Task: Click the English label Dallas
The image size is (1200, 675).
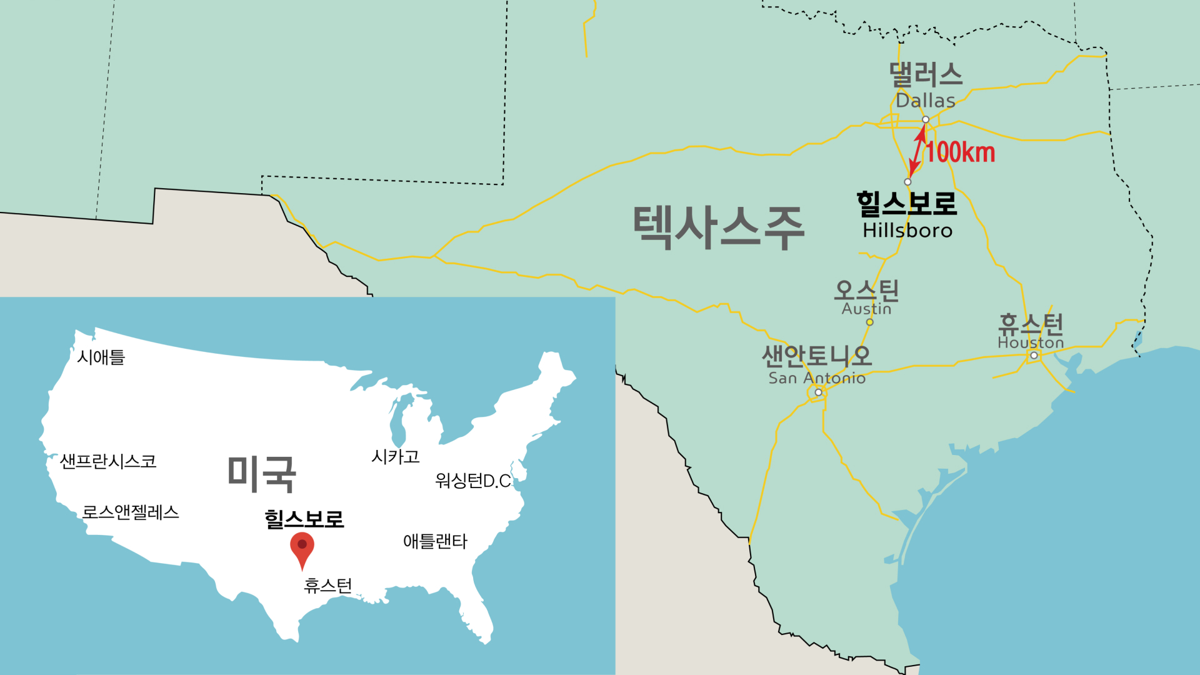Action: point(925,100)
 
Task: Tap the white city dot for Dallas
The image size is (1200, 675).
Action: point(926,119)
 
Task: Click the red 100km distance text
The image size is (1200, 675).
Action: point(961,152)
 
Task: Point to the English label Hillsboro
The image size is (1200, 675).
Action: point(907,231)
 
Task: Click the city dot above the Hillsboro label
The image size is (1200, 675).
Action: point(907,182)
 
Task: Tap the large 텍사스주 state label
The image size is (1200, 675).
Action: point(718,227)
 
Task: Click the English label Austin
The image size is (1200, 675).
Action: point(866,309)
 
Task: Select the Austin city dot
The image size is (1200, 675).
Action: point(869,322)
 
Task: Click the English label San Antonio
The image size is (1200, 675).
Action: point(817,378)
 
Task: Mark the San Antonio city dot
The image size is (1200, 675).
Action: point(818,392)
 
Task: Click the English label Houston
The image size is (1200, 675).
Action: point(1031,343)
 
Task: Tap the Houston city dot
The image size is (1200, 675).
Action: point(1034,356)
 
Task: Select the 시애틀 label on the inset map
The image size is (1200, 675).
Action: point(101,357)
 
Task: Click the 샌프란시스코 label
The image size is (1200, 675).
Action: point(108,461)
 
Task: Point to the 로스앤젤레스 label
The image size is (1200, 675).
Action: point(131,512)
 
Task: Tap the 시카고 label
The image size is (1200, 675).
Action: point(396,457)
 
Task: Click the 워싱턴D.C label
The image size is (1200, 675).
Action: point(473,481)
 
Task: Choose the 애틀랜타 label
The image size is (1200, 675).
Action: point(435,541)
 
